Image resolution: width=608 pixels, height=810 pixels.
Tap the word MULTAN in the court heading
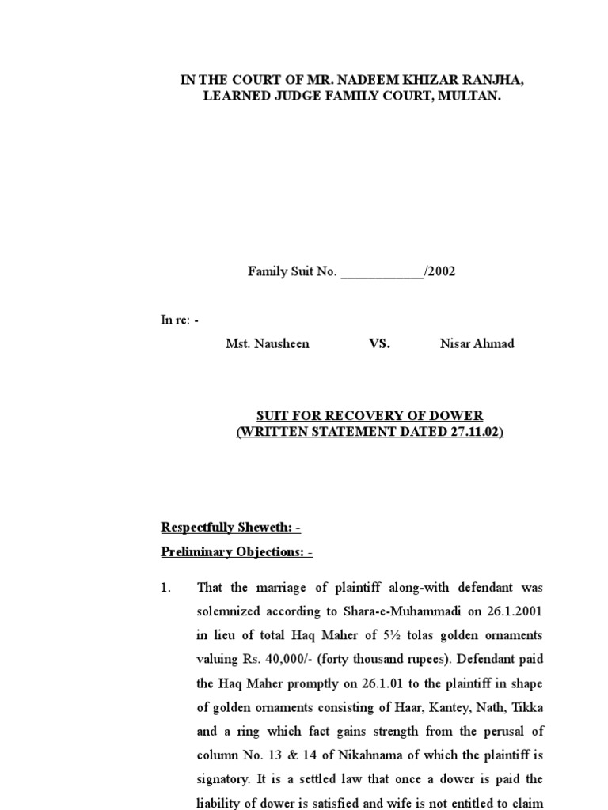[x=467, y=97]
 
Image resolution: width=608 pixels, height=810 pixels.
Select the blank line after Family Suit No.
[x=382, y=272]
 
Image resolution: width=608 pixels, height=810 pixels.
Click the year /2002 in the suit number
[x=440, y=272]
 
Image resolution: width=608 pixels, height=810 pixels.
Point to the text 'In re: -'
[x=180, y=320]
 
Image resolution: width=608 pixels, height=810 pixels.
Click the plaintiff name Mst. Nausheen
[x=268, y=344]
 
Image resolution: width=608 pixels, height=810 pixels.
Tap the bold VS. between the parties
[x=379, y=344]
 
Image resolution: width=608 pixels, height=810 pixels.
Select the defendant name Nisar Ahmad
[x=477, y=344]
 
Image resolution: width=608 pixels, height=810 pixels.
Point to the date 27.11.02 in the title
[x=473, y=433]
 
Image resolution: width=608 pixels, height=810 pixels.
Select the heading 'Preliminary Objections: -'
[x=237, y=552]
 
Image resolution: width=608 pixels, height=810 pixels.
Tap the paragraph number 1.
[x=166, y=589]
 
